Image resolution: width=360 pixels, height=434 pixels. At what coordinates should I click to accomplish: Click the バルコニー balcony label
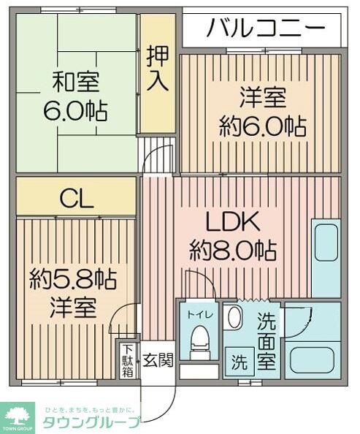click(x=265, y=29)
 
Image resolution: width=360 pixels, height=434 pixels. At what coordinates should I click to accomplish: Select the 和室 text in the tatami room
click(x=75, y=80)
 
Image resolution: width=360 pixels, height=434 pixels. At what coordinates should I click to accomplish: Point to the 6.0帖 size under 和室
click(x=75, y=111)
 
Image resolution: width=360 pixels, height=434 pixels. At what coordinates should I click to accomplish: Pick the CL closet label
click(x=76, y=199)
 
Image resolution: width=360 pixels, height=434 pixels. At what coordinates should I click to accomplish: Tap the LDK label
click(x=232, y=221)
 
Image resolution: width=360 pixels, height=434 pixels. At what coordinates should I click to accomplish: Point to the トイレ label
click(x=199, y=315)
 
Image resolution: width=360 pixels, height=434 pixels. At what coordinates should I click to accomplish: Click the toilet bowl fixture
click(x=199, y=340)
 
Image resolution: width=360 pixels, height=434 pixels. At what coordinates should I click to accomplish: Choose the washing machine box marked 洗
click(x=239, y=360)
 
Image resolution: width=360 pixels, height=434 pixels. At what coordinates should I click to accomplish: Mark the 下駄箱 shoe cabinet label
click(x=128, y=359)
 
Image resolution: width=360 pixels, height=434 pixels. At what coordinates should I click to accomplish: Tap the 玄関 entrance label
click(x=157, y=360)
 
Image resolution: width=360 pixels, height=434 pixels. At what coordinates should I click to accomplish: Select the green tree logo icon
click(x=19, y=414)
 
